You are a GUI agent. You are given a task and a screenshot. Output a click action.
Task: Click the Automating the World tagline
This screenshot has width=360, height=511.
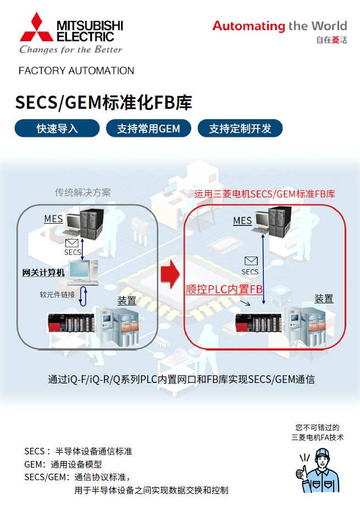tap(279, 26)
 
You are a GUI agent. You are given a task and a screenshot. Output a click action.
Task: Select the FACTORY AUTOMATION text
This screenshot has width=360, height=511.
tap(76, 71)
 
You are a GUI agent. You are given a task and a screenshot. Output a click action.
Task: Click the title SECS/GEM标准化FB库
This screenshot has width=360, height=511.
tap(103, 103)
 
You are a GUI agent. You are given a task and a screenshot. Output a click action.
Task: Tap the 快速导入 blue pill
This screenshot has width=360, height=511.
tap(57, 129)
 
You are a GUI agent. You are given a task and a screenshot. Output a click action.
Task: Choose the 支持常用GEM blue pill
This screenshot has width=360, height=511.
tap(148, 129)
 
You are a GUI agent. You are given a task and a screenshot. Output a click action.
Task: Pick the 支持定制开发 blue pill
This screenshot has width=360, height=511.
tap(240, 129)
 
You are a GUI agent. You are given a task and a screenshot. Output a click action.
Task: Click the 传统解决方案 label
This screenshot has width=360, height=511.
tap(83, 192)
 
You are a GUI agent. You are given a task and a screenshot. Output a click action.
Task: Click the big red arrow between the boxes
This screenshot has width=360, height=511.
tap(170, 273)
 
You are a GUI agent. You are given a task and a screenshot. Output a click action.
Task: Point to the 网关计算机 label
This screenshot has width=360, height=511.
tap(43, 273)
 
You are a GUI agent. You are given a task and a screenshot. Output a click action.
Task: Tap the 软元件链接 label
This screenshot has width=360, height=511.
tap(57, 294)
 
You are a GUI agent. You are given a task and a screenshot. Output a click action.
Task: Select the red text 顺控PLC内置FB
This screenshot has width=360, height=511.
tap(224, 289)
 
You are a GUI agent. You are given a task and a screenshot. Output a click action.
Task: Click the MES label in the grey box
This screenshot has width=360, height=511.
tap(53, 219)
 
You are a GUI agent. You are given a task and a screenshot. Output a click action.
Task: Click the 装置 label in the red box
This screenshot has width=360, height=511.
tap(324, 298)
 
